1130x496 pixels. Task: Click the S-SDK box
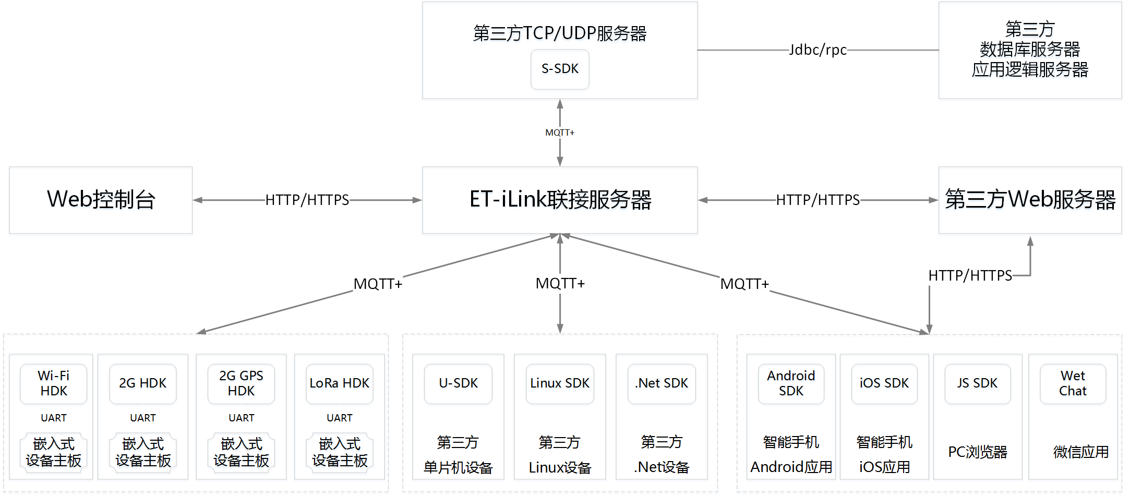coord(560,69)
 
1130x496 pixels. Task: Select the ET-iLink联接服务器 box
coord(560,200)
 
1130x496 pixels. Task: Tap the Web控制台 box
coord(101,200)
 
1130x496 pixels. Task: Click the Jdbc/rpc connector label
coord(818,50)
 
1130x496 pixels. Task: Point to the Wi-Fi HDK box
coord(53,383)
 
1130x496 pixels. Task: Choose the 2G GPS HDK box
coord(241,383)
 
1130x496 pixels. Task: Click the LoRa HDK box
coord(339,383)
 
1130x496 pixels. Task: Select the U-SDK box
coord(458,383)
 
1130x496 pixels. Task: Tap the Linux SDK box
coord(560,383)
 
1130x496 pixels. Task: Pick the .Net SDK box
coord(662,383)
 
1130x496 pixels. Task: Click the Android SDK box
coord(791,383)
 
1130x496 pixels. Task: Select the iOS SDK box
coord(884,383)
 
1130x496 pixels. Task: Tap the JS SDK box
coord(977,383)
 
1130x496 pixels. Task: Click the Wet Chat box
coord(1073,383)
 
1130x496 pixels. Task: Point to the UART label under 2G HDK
coord(143,418)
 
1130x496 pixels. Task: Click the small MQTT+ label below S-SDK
coord(560,132)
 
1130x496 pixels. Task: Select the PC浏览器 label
coord(977,452)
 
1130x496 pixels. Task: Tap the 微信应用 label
coord(1080,452)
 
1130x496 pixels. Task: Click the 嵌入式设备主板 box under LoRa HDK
coord(340,452)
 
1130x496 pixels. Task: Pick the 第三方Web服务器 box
coord(1030,200)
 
